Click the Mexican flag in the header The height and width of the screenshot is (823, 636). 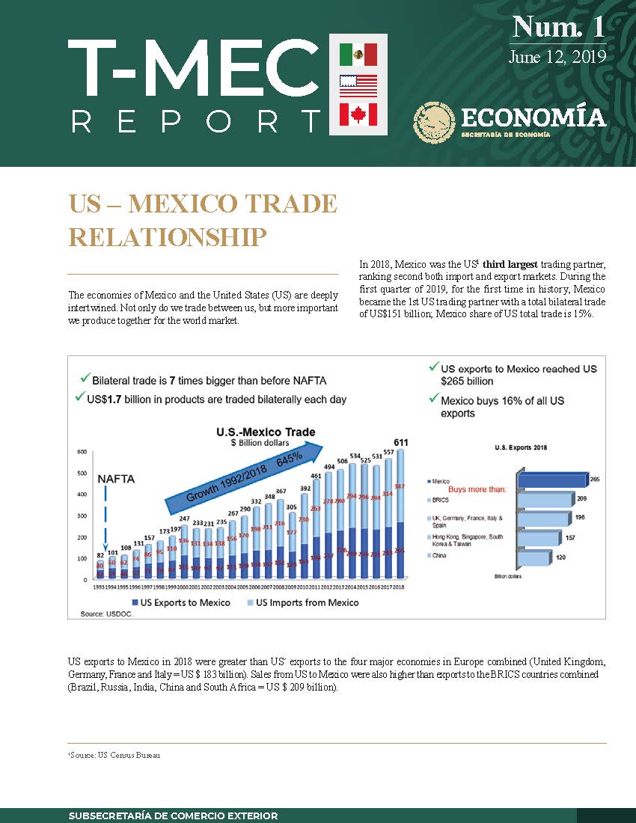pos(358,54)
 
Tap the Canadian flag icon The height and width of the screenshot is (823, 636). pos(358,114)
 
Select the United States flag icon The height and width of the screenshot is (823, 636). pos(358,85)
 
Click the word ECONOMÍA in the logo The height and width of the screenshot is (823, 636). pos(533,117)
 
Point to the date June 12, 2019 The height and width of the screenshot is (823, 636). pos(556,57)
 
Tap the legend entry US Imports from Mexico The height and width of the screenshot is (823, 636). pos(308,602)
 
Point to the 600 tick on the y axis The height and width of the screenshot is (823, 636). pos(82,452)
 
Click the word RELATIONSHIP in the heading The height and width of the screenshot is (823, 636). pos(167,236)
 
